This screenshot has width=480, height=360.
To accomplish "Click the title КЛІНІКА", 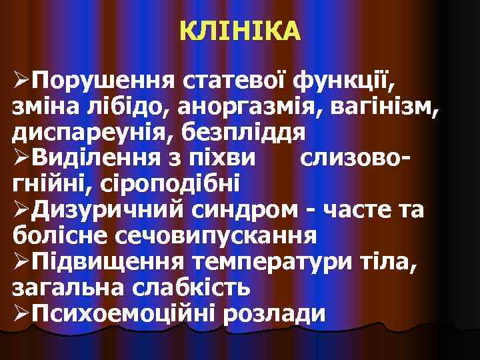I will (240, 31).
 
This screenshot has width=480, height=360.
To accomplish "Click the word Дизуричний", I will (108, 208).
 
